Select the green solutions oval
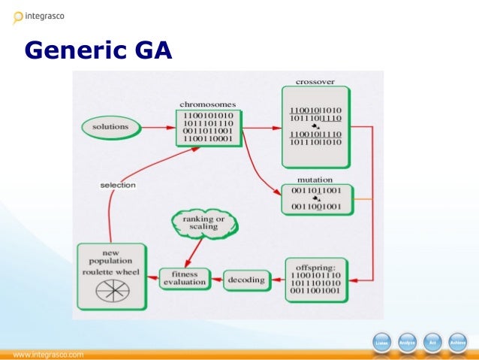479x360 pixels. click(110, 126)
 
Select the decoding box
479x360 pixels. click(246, 280)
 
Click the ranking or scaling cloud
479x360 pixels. click(203, 223)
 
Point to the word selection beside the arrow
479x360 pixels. click(118, 185)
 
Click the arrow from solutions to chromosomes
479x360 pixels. click(155, 127)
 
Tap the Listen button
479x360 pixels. click(381, 343)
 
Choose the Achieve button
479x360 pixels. click(457, 343)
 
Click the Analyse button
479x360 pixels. click(407, 343)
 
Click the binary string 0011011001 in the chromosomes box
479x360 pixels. click(207, 131)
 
